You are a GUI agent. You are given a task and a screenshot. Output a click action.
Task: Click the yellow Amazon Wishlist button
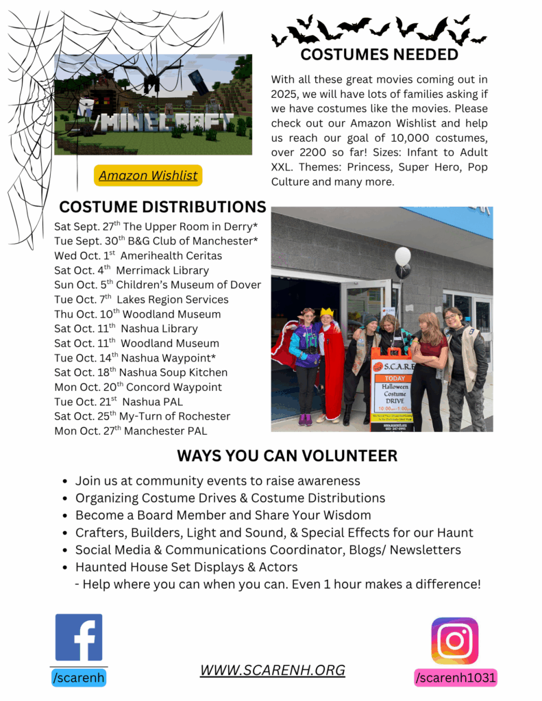[148, 175]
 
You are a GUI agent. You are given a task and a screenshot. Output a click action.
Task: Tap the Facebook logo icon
[79, 637]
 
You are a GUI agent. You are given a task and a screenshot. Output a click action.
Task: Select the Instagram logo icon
[454, 641]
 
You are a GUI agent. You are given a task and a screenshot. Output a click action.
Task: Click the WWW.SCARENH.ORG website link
[272, 670]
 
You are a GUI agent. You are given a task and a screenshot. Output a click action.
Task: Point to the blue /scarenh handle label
[79, 678]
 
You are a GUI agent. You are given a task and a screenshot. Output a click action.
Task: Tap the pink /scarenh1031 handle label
[455, 678]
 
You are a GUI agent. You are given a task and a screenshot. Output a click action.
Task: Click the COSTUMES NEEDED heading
[379, 55]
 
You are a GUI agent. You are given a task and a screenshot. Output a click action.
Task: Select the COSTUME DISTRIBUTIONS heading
[162, 207]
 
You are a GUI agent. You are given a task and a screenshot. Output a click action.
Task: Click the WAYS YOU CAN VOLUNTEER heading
[287, 455]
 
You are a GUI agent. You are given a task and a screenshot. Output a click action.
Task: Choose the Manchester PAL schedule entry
[130, 431]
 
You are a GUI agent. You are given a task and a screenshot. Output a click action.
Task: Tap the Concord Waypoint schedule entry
[138, 387]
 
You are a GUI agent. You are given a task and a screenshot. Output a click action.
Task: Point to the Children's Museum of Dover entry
[158, 285]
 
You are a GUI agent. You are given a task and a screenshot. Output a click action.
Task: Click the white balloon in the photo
[403, 256]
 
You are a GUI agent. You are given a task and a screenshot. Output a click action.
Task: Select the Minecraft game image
[153, 105]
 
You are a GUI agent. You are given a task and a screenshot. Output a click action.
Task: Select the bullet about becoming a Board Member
[223, 515]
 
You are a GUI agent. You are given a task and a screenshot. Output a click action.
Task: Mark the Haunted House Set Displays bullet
[186, 567]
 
